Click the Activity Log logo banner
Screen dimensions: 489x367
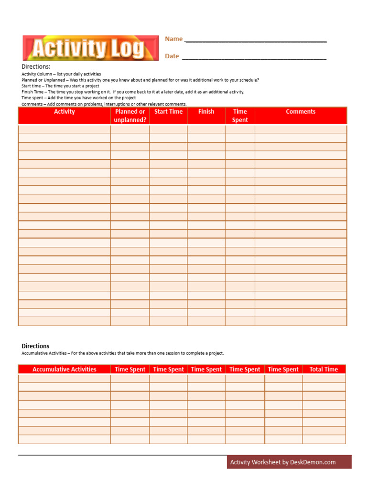coord(90,48)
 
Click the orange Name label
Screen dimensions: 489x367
coord(174,39)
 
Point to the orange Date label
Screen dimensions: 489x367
coord(172,56)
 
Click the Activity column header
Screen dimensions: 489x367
coord(65,112)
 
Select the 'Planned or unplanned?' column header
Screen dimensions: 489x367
coord(130,116)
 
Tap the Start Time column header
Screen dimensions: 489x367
coord(168,112)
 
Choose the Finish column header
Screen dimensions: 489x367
coord(206,112)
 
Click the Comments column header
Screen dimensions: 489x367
coord(301,112)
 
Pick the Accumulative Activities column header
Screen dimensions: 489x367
coord(65,369)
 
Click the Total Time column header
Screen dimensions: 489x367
coord(324,369)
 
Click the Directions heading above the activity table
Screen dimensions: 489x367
coord(36,67)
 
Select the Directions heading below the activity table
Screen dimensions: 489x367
coord(35,346)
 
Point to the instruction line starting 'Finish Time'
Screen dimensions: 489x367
coord(133,92)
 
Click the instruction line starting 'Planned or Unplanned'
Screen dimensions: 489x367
coord(140,80)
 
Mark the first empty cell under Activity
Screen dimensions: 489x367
coord(65,129)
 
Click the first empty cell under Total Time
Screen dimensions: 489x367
coord(324,378)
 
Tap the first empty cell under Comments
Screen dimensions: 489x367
coord(301,129)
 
